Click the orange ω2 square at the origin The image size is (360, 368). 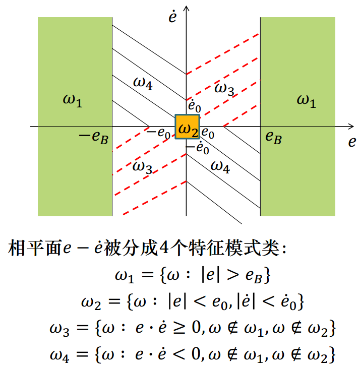(x=187, y=127)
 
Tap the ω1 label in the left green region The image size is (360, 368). (x=72, y=100)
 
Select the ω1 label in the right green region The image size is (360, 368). (x=306, y=100)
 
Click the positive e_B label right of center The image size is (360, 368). (x=273, y=137)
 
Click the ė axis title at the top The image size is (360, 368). (x=172, y=16)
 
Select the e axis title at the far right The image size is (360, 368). (x=351, y=142)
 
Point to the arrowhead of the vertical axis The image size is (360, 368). (x=187, y=8)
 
